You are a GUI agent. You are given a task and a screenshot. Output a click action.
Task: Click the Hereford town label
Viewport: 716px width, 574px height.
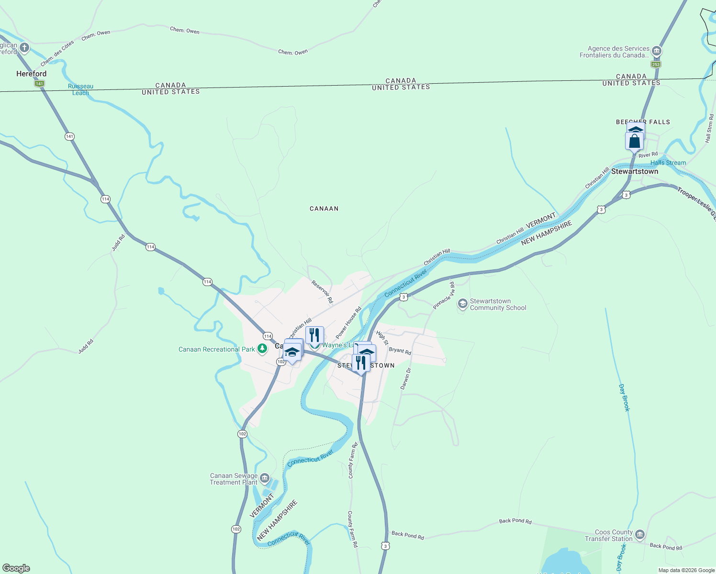coord(32,74)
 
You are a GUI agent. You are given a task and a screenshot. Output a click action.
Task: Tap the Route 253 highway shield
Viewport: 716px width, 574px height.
coord(656,65)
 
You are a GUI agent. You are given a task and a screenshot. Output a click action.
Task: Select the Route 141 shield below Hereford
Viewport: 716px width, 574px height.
coord(39,84)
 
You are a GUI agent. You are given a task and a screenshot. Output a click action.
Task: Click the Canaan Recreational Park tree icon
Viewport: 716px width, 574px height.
coord(262,349)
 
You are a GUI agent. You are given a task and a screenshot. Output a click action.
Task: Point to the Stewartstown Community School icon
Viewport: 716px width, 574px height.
coord(462,304)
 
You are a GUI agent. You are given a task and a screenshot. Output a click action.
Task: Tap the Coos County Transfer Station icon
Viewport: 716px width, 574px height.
coord(640,535)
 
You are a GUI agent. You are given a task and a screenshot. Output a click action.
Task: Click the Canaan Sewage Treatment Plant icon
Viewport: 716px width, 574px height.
coord(264,478)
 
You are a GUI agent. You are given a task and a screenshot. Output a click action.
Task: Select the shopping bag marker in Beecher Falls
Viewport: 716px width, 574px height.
coord(634,142)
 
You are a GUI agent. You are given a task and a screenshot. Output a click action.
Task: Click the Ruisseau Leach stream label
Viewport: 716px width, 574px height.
coord(80,89)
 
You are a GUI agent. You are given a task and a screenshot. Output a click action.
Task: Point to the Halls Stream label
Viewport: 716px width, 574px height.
coord(668,163)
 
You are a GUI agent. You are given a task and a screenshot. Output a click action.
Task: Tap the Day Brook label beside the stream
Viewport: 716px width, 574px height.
coord(625,397)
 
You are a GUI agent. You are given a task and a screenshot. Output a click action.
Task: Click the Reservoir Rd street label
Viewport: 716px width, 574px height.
coord(322,292)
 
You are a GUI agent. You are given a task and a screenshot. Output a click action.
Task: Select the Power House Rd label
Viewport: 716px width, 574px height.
coord(348,323)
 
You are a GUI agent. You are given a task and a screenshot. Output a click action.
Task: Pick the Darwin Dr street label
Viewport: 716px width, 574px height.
coord(406,379)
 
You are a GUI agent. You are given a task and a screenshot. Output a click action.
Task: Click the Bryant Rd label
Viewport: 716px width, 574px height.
coord(400,351)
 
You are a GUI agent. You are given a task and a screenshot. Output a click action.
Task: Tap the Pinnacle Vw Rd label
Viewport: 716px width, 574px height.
coord(444,296)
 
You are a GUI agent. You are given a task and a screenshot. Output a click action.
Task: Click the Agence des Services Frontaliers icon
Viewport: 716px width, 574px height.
coord(657,51)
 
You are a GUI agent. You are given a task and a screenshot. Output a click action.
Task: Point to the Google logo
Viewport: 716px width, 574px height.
coord(16,568)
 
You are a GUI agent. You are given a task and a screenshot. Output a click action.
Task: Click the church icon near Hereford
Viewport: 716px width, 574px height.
coord(24,48)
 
